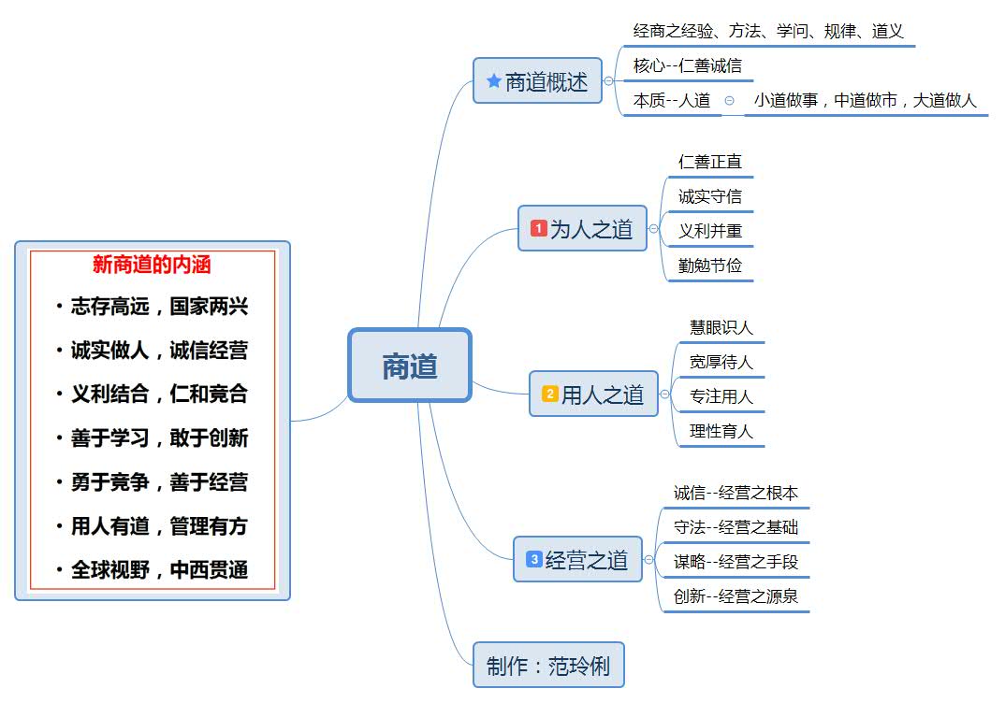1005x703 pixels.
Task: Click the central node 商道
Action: pos(410,366)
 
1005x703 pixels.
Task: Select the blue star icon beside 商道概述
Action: pos(493,81)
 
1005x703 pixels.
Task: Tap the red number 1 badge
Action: pos(538,228)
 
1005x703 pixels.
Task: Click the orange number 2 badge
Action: pos(549,395)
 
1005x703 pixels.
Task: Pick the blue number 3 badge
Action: pos(533,559)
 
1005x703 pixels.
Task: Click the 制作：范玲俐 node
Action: pos(547,666)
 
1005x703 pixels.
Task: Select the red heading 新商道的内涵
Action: pos(152,265)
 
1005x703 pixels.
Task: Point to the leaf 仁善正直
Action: pos(710,162)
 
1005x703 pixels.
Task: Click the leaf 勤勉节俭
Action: pos(710,265)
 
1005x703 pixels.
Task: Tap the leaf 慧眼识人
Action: pos(721,327)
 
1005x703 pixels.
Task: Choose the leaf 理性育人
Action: pos(721,432)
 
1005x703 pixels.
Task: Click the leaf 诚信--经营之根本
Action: pos(736,493)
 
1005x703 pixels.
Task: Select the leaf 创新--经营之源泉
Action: pos(736,596)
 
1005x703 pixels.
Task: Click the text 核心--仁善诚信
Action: pos(687,65)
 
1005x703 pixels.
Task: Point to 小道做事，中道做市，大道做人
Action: pos(865,100)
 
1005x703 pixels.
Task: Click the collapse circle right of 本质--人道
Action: pos(729,100)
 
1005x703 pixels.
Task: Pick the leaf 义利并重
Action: pos(710,231)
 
